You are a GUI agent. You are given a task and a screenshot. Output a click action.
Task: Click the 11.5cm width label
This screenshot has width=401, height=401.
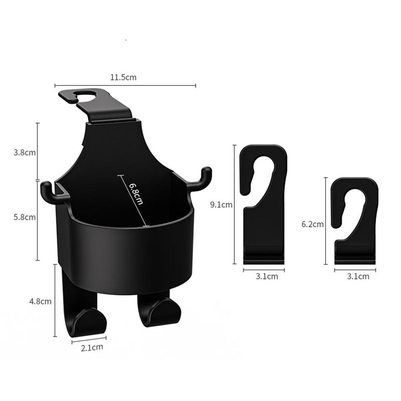pyautogui.click(x=123, y=77)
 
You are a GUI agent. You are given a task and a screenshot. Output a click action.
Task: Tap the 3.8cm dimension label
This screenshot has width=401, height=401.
pyautogui.click(x=24, y=153)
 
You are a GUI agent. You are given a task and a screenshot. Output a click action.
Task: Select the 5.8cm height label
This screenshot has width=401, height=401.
pyautogui.click(x=24, y=217)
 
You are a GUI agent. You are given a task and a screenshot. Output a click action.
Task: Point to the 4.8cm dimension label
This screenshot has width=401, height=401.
pyautogui.click(x=40, y=301)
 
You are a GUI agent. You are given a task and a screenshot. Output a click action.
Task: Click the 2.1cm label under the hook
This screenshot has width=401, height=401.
pyautogui.click(x=92, y=348)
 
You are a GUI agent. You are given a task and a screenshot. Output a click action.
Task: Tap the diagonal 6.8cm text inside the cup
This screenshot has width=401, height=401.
pyautogui.click(x=136, y=193)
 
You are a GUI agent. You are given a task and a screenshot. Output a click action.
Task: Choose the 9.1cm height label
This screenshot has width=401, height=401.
pyautogui.click(x=221, y=205)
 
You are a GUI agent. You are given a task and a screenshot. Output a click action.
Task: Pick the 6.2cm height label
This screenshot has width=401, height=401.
pyautogui.click(x=312, y=224)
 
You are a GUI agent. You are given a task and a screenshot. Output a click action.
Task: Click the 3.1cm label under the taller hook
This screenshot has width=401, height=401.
pyautogui.click(x=267, y=276)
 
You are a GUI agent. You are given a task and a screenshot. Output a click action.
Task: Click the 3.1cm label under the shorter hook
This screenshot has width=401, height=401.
pyautogui.click(x=358, y=276)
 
